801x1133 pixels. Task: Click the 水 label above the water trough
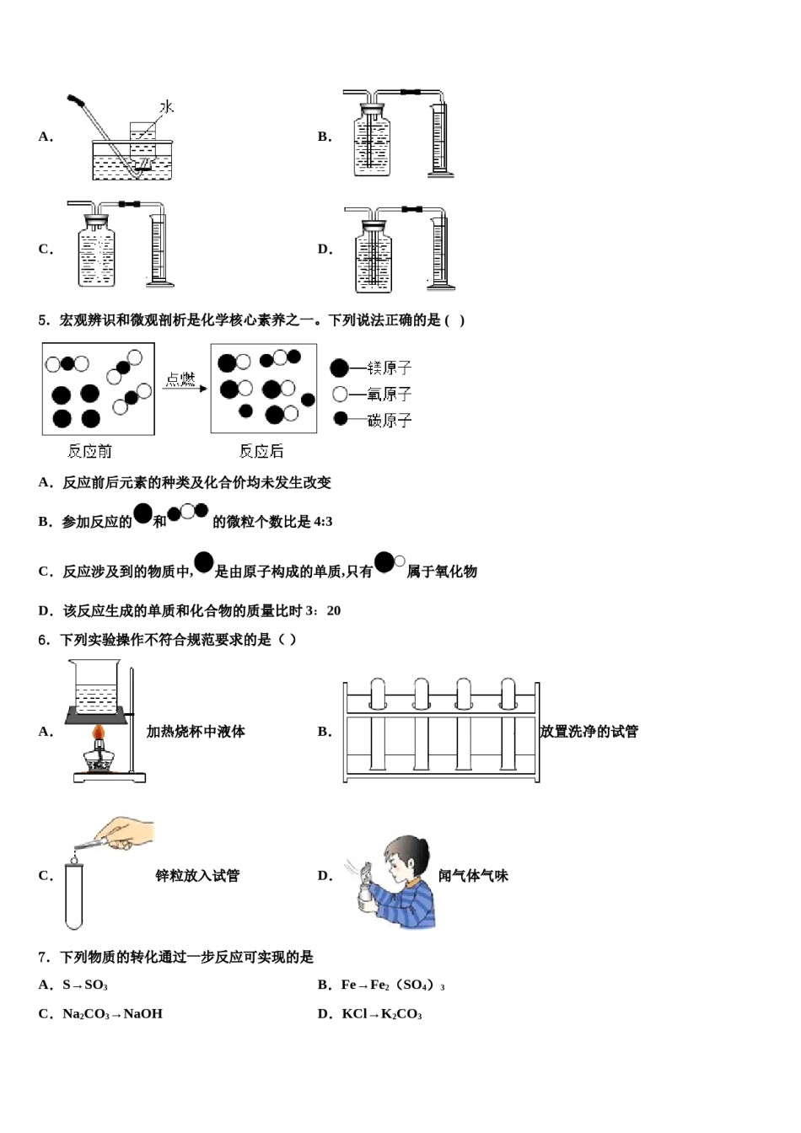point(167,107)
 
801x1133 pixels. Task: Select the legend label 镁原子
point(389,368)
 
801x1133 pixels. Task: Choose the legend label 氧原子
point(389,395)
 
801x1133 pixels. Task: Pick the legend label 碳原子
point(389,420)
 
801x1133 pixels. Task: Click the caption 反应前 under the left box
point(89,452)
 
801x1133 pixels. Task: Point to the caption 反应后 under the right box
point(261,452)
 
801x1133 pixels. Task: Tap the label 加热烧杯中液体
point(196,732)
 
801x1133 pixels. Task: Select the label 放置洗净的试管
point(589,732)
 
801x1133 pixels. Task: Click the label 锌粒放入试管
point(197,876)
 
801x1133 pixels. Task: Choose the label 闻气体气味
point(473,876)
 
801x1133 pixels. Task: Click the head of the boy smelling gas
point(406,856)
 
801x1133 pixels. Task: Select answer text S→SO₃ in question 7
point(85,985)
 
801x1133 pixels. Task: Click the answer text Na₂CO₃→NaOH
point(112,1014)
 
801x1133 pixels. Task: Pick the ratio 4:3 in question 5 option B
point(323,522)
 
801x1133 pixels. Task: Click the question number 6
point(43,640)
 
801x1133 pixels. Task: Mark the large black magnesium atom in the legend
point(339,368)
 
